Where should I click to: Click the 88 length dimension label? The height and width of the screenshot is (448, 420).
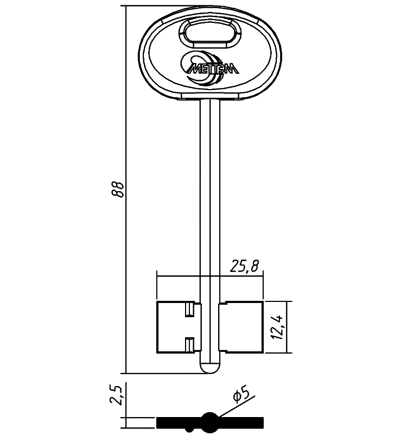[118, 189]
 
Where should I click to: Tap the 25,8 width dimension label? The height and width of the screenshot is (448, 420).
[244, 266]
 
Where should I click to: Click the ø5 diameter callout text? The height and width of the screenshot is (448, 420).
[241, 395]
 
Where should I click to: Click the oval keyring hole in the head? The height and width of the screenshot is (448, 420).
[210, 32]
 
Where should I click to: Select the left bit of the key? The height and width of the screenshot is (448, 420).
[179, 327]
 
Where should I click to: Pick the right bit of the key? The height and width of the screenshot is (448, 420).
[241, 327]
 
